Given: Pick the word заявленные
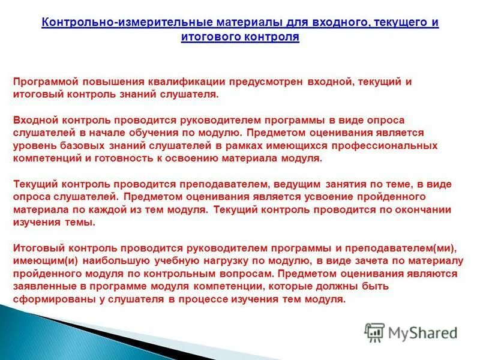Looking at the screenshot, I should pyautogui.click(x=42, y=286).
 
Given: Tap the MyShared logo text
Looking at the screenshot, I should pyautogui.click(x=422, y=332).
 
